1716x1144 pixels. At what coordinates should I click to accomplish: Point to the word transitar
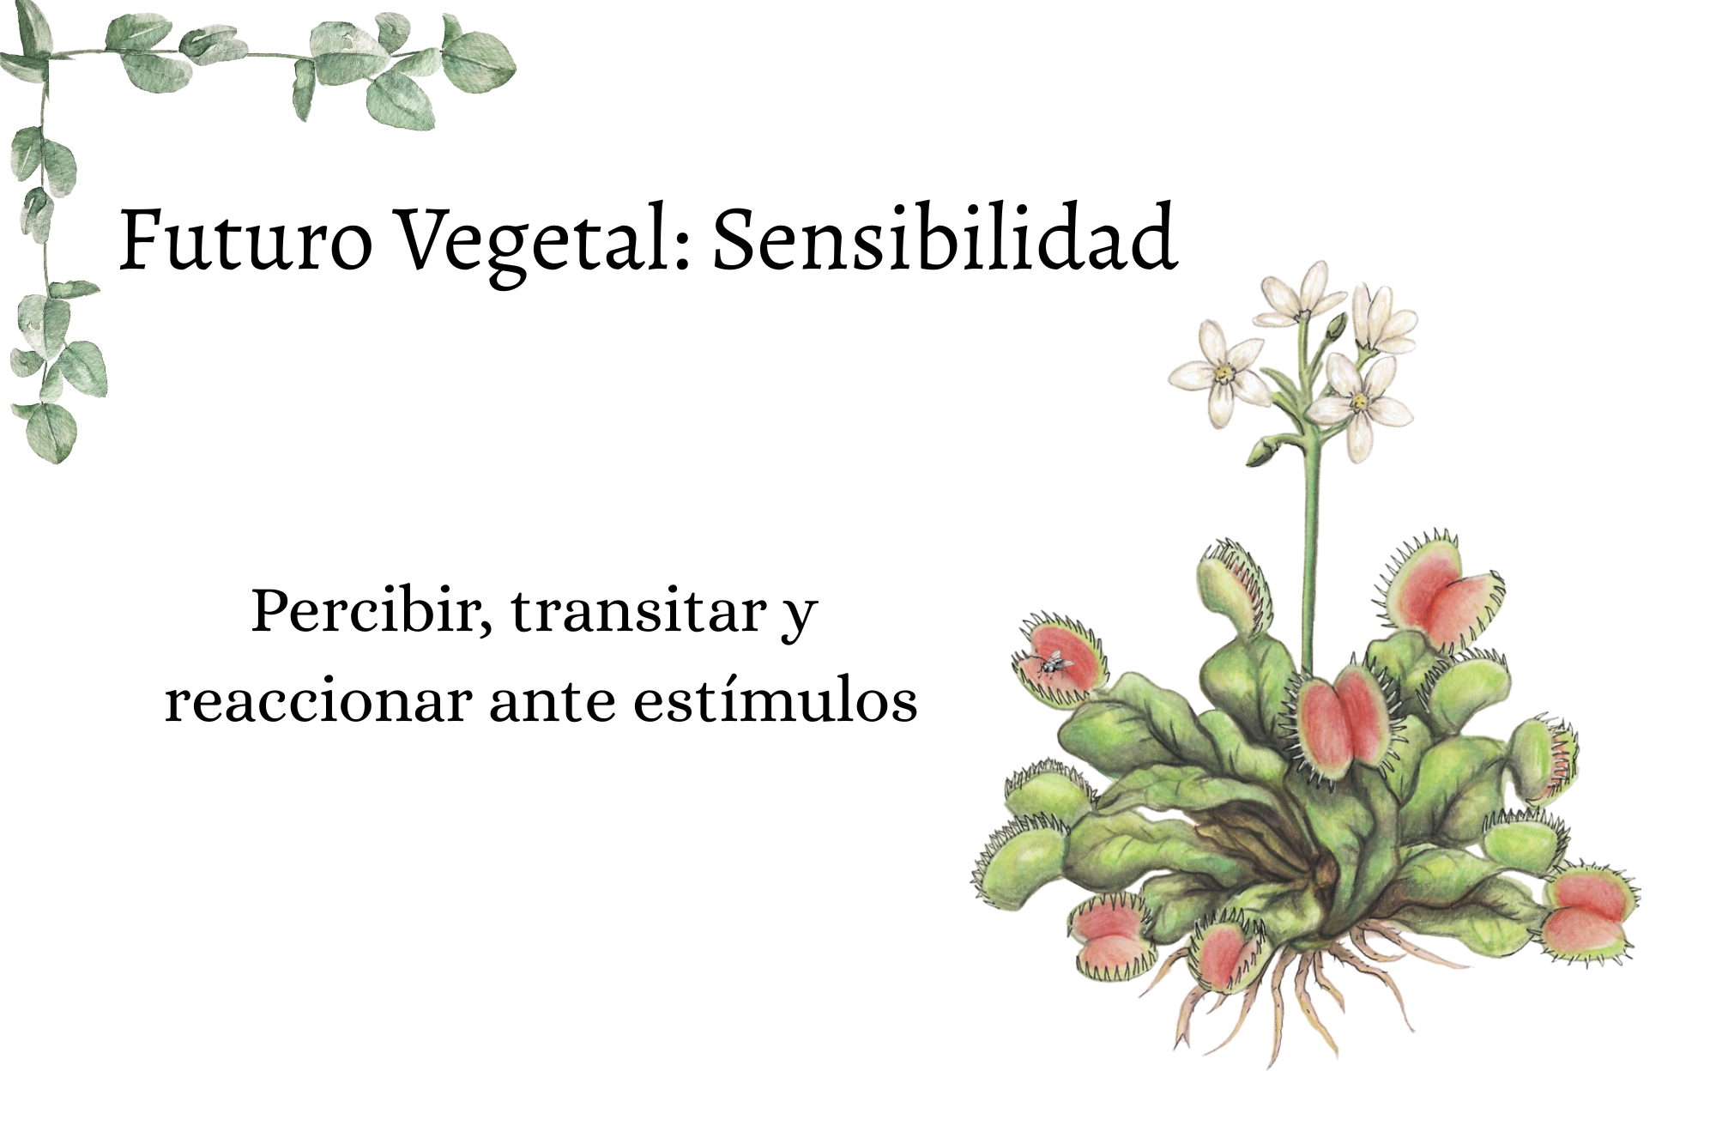[638, 611]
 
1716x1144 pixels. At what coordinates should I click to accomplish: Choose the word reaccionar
[317, 701]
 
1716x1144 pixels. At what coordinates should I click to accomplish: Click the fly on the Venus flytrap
[1051, 662]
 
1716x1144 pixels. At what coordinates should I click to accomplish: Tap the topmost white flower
[1301, 296]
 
